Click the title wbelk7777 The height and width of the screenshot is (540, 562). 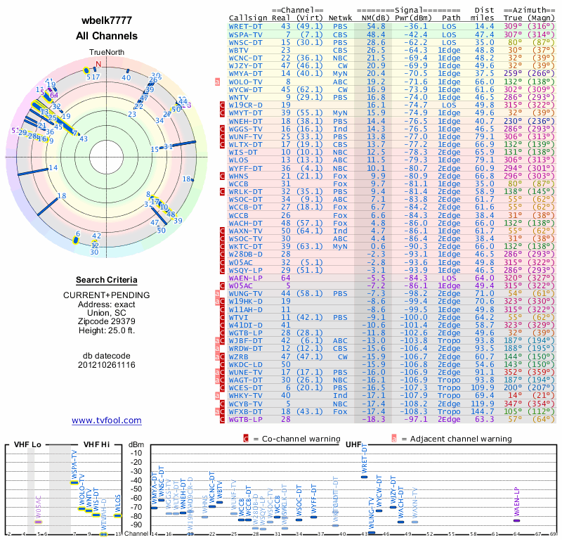pyautogui.click(x=106, y=20)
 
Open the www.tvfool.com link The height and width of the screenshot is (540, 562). pyautogui.click(x=106, y=420)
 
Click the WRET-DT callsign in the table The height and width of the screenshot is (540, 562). pyautogui.click(x=245, y=26)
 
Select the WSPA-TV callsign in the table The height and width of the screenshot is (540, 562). pyautogui.click(x=245, y=34)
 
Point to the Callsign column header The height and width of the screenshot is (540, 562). pyautogui.click(x=249, y=18)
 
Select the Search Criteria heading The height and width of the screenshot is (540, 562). pyautogui.click(x=106, y=280)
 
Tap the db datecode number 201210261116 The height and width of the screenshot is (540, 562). pyautogui.click(x=106, y=365)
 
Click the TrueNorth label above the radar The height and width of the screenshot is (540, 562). pyautogui.click(x=106, y=52)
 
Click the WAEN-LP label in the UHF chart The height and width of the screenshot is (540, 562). pyautogui.click(x=517, y=501)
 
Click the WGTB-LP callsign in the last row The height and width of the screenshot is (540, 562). pyautogui.click(x=245, y=419)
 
